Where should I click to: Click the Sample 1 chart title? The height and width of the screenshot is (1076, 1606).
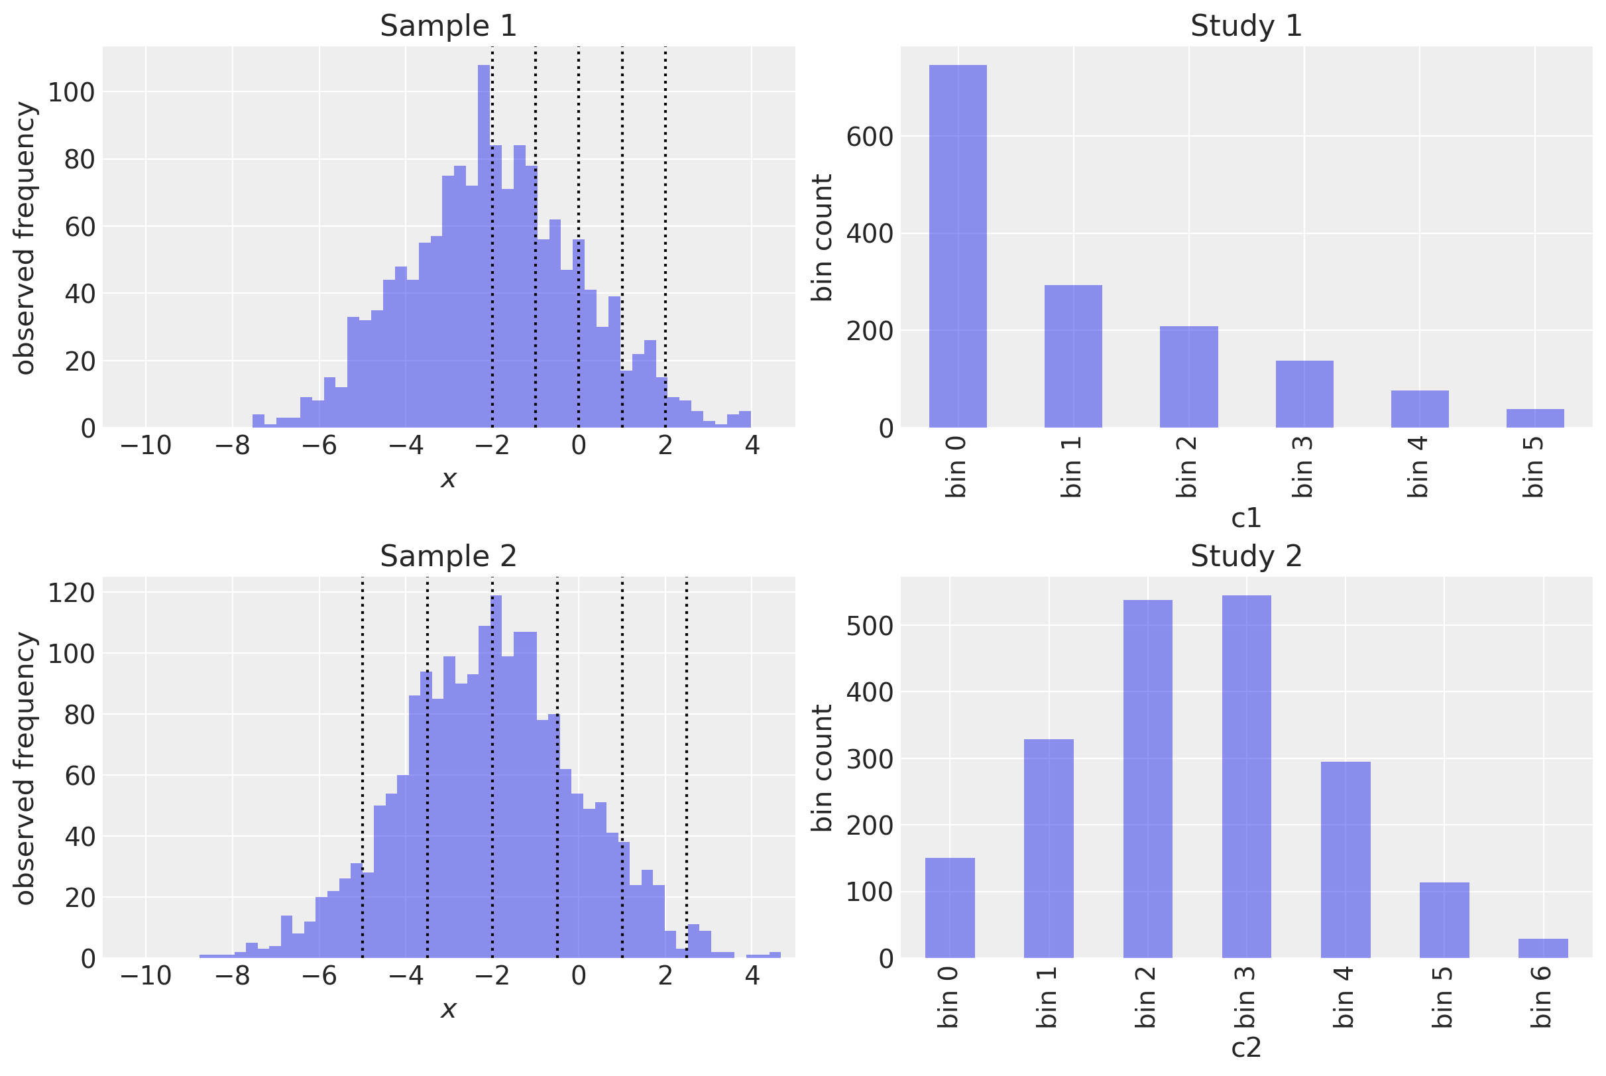point(448,26)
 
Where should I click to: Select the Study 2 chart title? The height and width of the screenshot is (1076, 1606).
point(1245,556)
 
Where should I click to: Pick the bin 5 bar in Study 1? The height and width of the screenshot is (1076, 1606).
point(1534,418)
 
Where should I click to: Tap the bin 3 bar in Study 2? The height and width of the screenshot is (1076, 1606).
point(1246,776)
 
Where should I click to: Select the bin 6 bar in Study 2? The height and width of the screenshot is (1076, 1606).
point(1543,947)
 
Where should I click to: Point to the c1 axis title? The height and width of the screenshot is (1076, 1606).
point(1246,518)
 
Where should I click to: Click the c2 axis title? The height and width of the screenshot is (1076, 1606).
point(1246,1048)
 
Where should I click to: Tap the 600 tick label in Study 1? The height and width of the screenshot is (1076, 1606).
point(869,137)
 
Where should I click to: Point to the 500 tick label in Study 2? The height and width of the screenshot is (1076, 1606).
point(869,626)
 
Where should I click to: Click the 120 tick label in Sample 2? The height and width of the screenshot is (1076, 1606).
point(72,592)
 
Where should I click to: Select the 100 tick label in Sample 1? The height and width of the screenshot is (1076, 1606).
point(72,92)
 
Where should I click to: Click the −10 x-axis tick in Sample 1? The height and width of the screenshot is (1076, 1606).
point(145,446)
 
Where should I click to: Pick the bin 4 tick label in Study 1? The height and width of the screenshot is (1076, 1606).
point(1418,467)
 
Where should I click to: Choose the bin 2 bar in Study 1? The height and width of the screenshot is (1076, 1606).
point(1188,377)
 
